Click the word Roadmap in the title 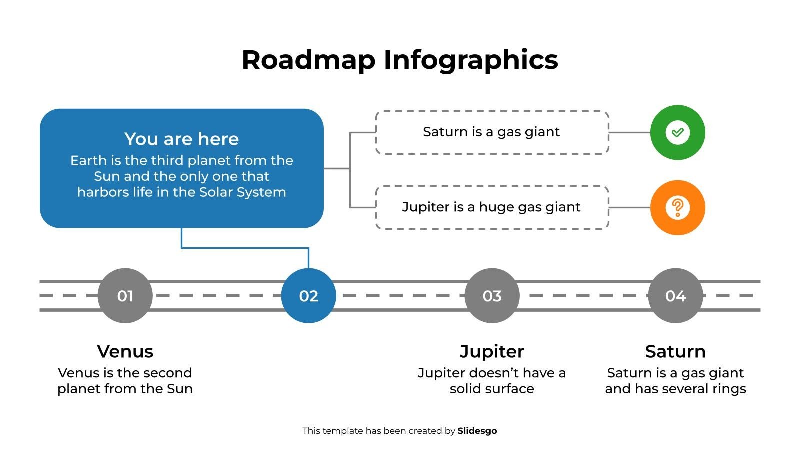[308, 60]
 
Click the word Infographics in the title [470, 60]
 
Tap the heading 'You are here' [181, 139]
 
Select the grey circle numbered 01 [125, 296]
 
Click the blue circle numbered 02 [308, 296]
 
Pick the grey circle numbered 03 [492, 296]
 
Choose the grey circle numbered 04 [675, 296]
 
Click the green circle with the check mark [677, 132]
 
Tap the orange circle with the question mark [677, 207]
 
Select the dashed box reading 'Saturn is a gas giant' [492, 132]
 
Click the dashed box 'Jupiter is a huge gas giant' [492, 207]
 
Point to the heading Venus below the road [125, 351]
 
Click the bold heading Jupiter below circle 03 [492, 351]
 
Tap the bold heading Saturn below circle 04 [675, 351]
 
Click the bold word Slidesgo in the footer [477, 431]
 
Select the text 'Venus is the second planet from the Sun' [125, 381]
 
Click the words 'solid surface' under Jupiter [492, 389]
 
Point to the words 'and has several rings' [675, 389]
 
